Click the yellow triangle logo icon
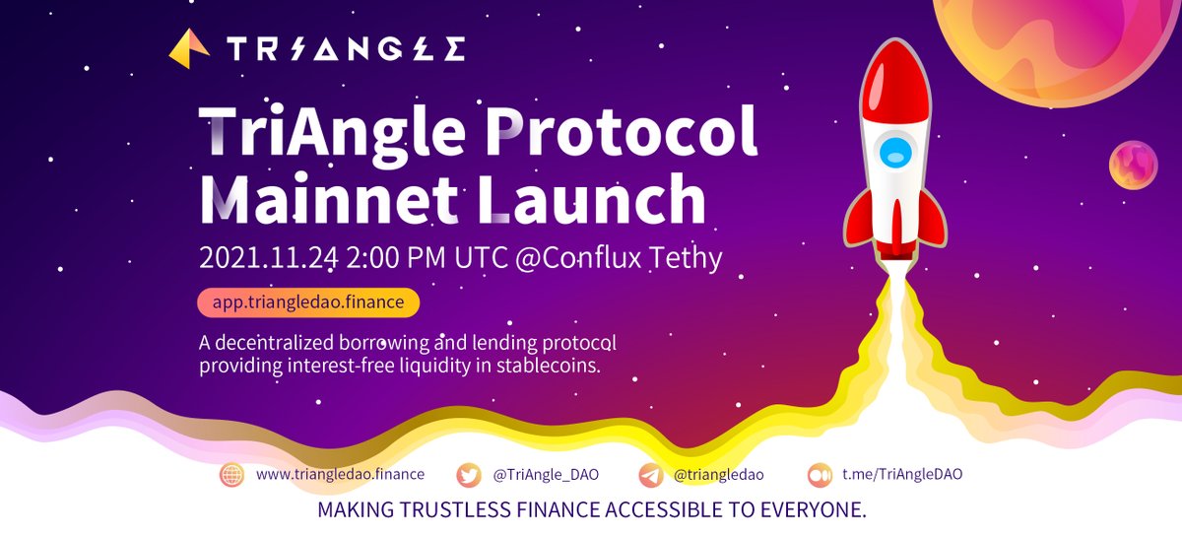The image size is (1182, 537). click(x=189, y=46)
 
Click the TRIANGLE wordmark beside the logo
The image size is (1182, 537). click(x=345, y=48)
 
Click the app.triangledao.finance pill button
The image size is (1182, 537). click(x=308, y=302)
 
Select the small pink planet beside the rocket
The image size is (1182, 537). click(x=1133, y=165)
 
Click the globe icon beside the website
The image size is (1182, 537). click(x=232, y=475)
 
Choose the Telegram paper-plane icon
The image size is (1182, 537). click(x=650, y=475)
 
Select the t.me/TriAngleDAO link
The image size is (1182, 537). click(x=901, y=475)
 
